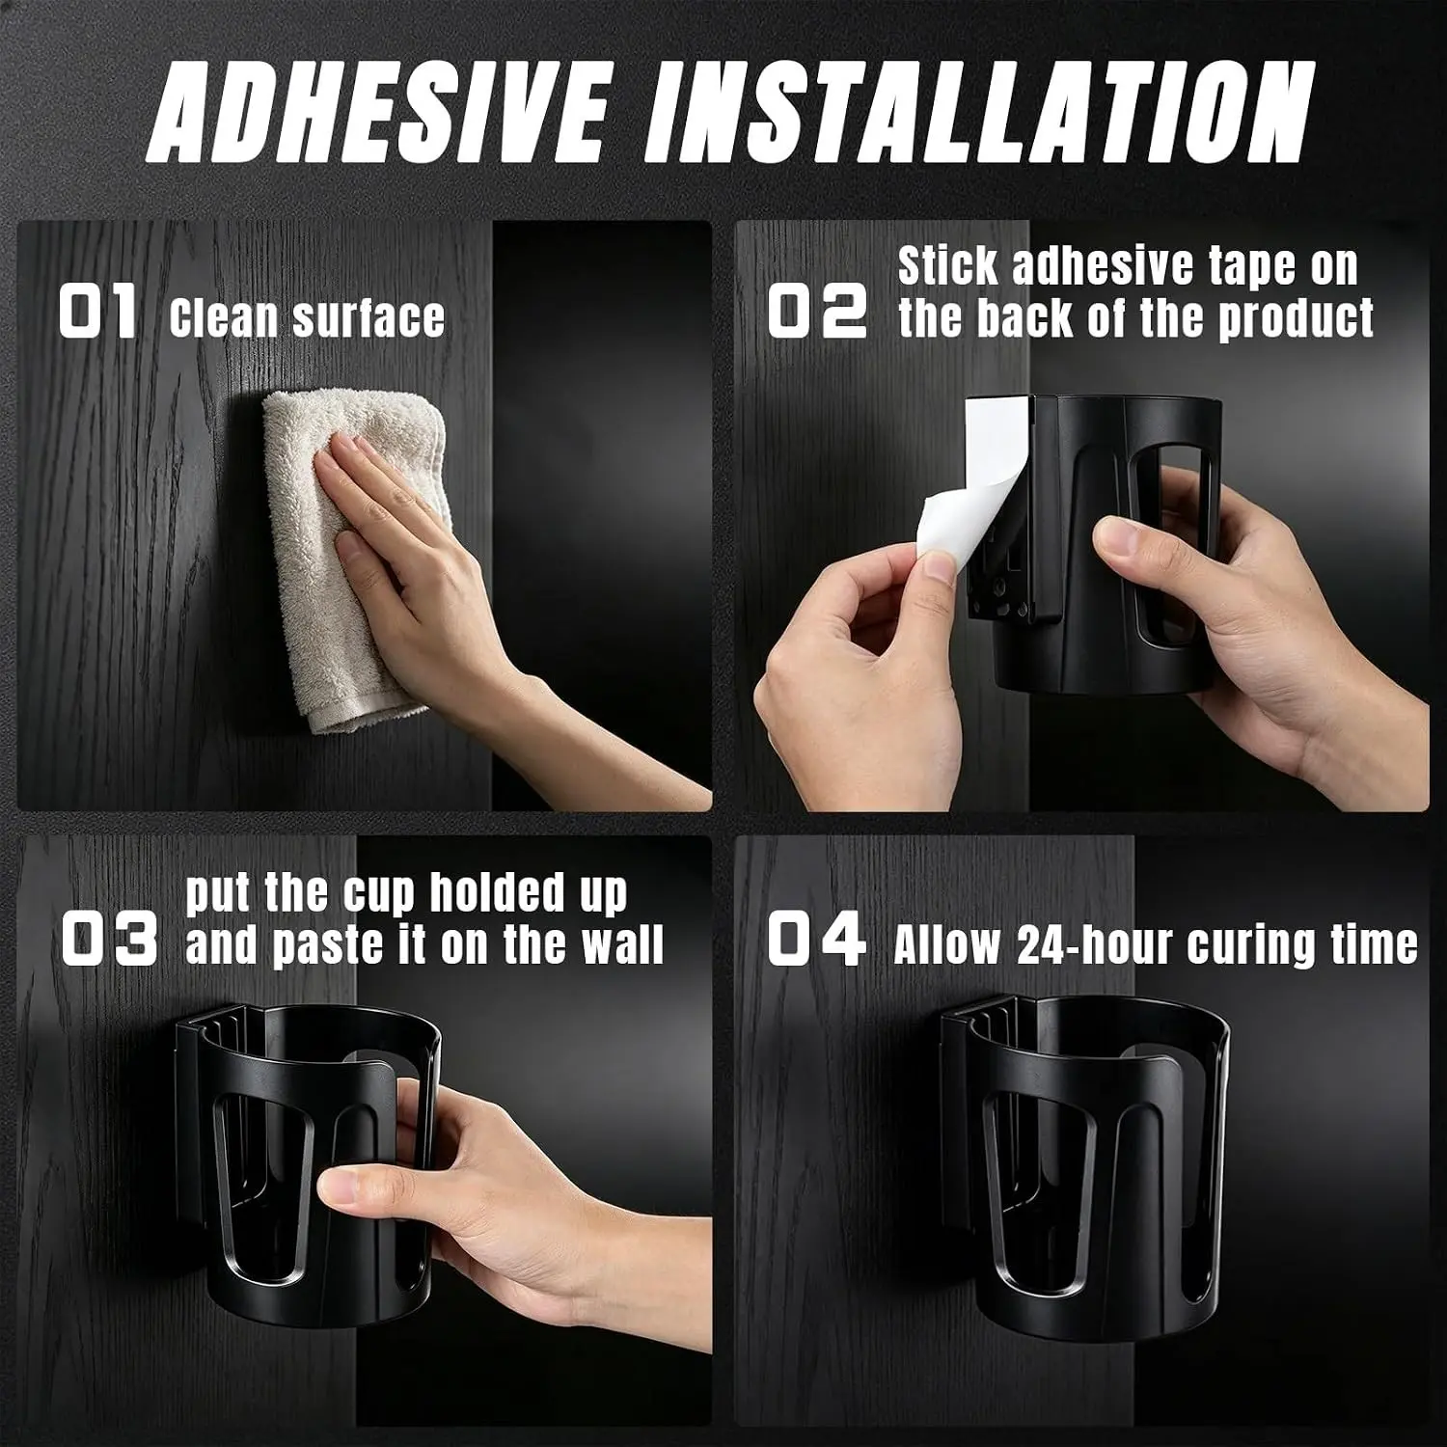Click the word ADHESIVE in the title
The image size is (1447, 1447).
coord(379,112)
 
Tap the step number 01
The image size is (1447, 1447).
coord(97,314)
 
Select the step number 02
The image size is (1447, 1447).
coord(816,314)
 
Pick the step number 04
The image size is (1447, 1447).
coord(816,940)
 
